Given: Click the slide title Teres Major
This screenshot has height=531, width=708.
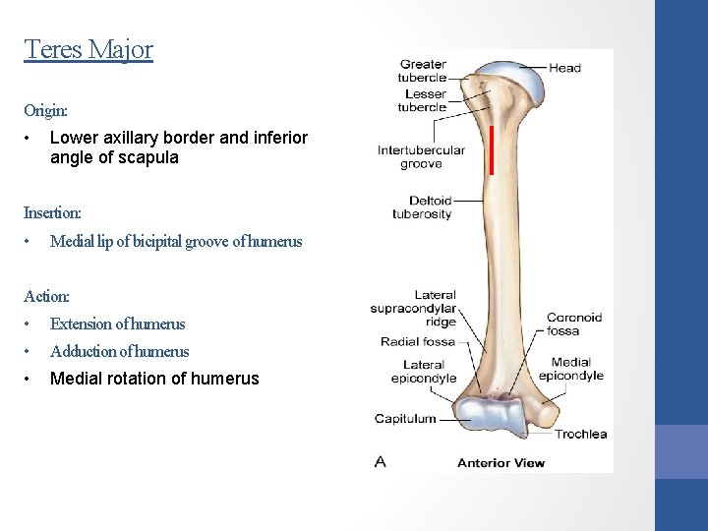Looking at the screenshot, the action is (88, 48).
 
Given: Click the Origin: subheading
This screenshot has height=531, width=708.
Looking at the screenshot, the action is (45, 112).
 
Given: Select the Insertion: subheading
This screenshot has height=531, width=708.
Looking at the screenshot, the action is (53, 212).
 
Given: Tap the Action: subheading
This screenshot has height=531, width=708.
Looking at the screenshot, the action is (47, 295).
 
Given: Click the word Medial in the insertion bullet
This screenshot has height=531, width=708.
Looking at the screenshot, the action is (71, 241).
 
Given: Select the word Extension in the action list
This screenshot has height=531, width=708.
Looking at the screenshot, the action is (82, 324).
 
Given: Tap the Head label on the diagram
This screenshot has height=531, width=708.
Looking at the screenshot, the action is (564, 68).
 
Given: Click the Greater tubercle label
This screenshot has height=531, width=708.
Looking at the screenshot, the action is (423, 71).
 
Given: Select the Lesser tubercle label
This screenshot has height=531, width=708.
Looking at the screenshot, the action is (423, 101).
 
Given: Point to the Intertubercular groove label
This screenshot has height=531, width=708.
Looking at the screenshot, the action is (421, 157).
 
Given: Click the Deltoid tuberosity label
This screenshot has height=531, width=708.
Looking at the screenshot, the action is (422, 207).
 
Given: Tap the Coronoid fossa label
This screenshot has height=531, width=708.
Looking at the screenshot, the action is (574, 324).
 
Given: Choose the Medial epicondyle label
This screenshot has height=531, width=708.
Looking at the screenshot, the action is (577, 369).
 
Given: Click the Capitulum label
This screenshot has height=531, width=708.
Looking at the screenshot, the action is (405, 418).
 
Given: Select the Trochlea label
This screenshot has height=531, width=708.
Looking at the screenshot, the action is (580, 434).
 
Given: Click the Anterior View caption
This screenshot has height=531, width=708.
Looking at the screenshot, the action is (501, 462).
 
